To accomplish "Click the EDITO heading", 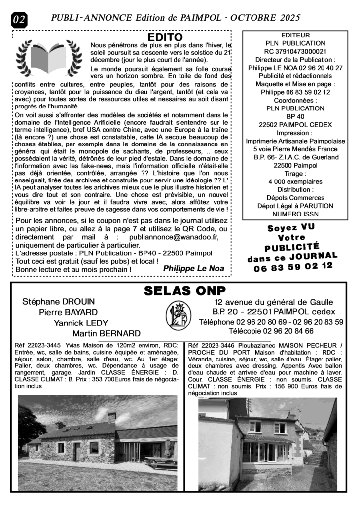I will [x=165, y=37].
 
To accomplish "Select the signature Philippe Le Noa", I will [x=193, y=268].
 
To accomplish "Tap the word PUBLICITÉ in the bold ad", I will [x=291, y=246].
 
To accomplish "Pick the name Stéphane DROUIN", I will [x=58, y=301].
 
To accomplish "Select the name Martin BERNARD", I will [x=106, y=333].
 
